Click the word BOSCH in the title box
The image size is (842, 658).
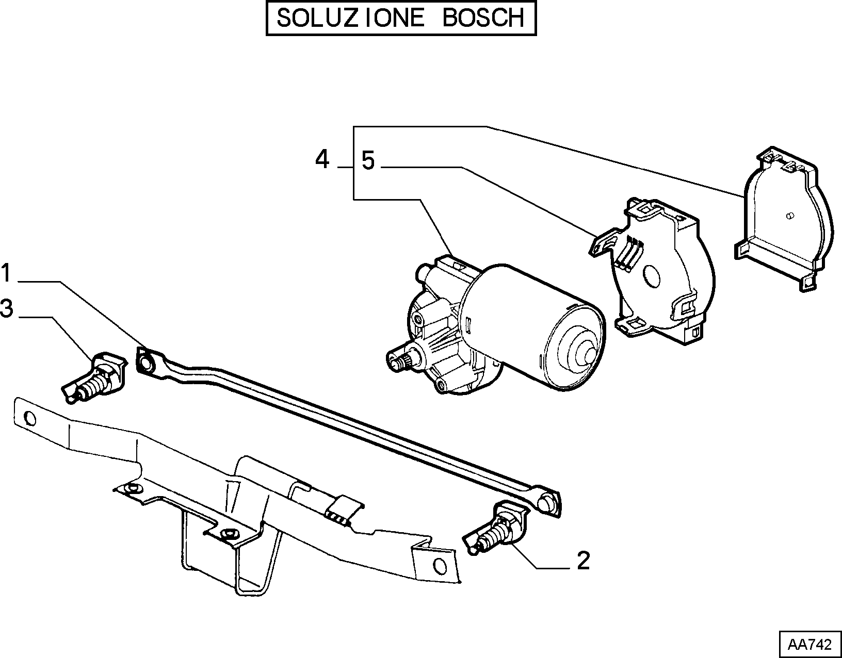pyautogui.click(x=483, y=18)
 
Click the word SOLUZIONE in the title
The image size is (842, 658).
pyautogui.click(x=351, y=18)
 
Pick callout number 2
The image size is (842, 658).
pyautogui.click(x=583, y=561)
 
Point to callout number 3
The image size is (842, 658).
pyautogui.click(x=7, y=309)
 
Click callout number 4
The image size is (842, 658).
pyautogui.click(x=322, y=159)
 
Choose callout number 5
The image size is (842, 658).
pyautogui.click(x=368, y=161)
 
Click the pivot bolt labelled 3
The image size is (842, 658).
pyautogui.click(x=95, y=378)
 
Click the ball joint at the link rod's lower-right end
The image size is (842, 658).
pyautogui.click(x=547, y=503)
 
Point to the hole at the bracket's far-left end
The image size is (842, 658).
pyautogui.click(x=30, y=419)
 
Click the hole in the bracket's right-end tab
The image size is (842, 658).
pyautogui.click(x=440, y=567)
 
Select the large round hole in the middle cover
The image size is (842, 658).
pyautogui.click(x=651, y=275)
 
